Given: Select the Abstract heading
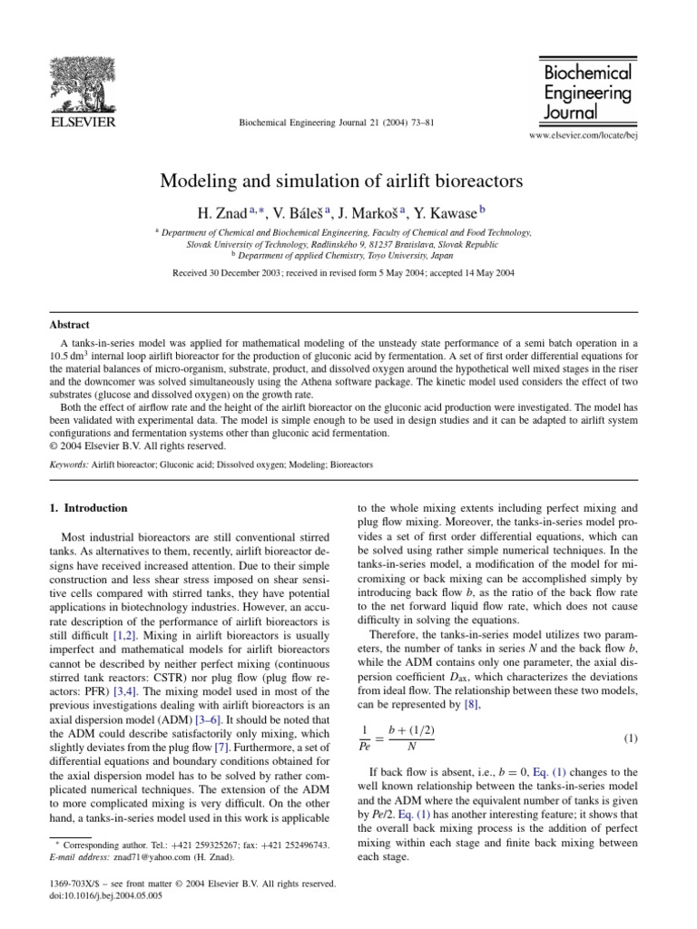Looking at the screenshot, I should click(69, 324).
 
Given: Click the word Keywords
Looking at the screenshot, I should click(68, 464).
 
